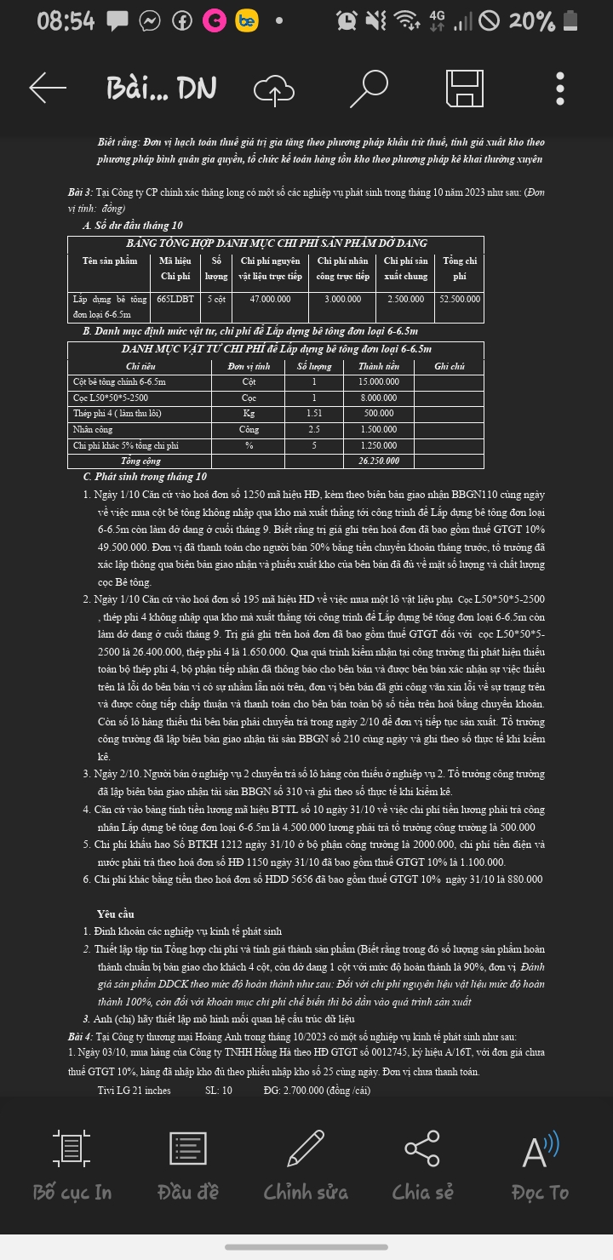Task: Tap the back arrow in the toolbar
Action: pos(48,88)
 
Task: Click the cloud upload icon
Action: pos(274,89)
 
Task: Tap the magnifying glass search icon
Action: pos(368,88)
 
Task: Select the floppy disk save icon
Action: pos(466,89)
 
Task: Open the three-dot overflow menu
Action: pos(559,89)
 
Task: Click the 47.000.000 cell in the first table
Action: pos(270,299)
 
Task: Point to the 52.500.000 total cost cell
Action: pos(460,299)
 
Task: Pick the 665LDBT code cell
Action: pos(175,299)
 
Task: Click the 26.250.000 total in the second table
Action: pos(379,461)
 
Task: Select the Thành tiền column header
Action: pos(379,366)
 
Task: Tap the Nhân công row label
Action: pos(93,429)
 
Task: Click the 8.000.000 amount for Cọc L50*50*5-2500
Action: pos(379,398)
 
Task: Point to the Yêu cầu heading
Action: pos(116,913)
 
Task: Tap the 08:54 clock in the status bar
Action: pos(66,20)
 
